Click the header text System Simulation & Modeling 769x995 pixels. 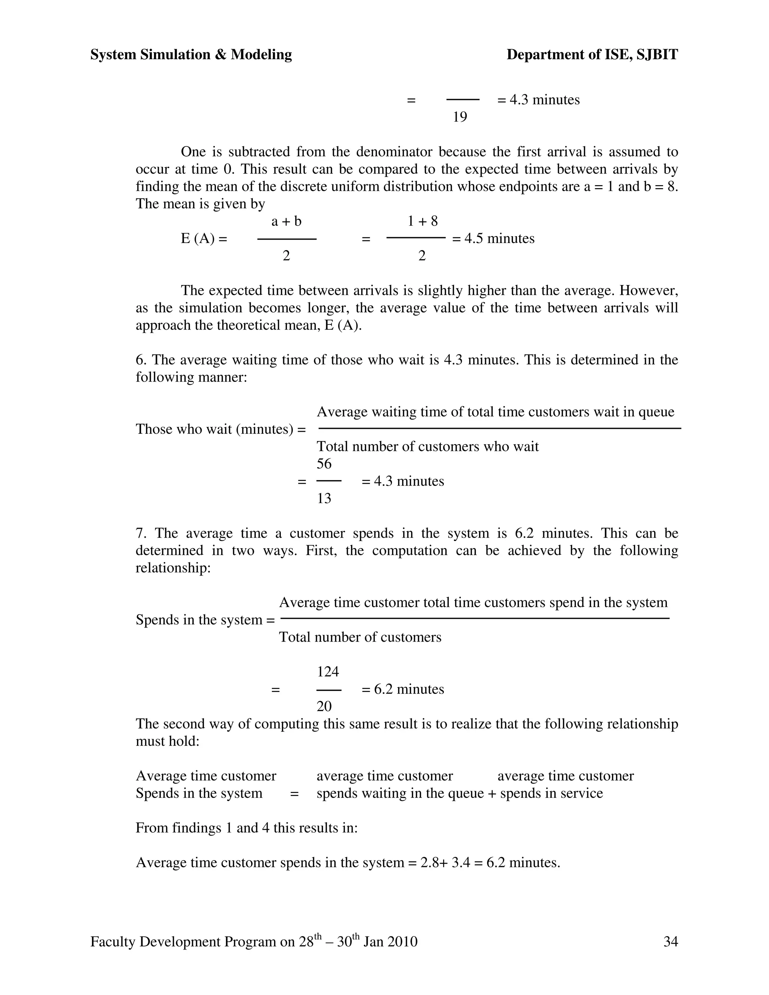coord(191,55)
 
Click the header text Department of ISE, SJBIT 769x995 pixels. coord(592,55)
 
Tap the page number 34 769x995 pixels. coord(671,941)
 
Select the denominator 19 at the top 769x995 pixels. coord(460,117)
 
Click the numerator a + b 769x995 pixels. coord(286,222)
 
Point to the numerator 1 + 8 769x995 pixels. coord(422,222)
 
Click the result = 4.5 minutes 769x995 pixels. coord(493,238)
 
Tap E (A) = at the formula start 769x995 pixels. coord(204,238)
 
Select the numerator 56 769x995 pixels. coord(324,464)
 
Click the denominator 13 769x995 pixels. coord(324,498)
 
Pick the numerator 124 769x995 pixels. coord(328,672)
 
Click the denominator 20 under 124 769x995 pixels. coord(324,706)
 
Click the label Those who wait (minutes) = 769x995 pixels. coord(220,429)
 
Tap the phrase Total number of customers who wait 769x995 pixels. coord(427,446)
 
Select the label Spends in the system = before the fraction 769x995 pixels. coord(205,620)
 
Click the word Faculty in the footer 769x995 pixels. coord(113,941)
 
